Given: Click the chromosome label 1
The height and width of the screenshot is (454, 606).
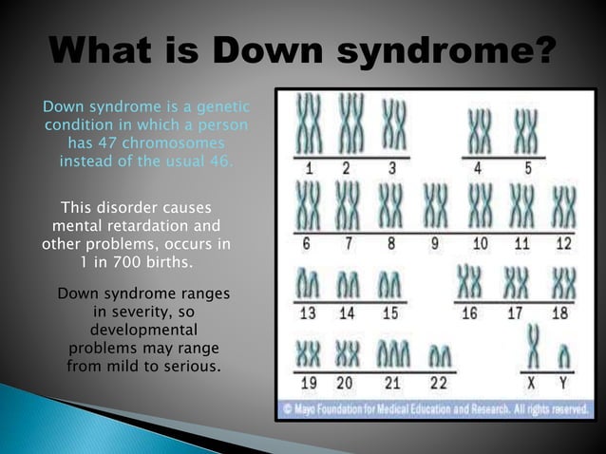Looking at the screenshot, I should (x=309, y=169).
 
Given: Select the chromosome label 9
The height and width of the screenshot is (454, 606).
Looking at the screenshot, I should (x=435, y=243).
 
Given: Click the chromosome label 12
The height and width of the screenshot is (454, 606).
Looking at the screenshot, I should (x=563, y=243).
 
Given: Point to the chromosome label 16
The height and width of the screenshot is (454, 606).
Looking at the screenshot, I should (x=469, y=314).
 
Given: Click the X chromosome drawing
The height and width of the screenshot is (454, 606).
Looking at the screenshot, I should (x=534, y=346).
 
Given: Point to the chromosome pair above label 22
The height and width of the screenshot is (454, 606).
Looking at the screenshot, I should (x=439, y=357).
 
